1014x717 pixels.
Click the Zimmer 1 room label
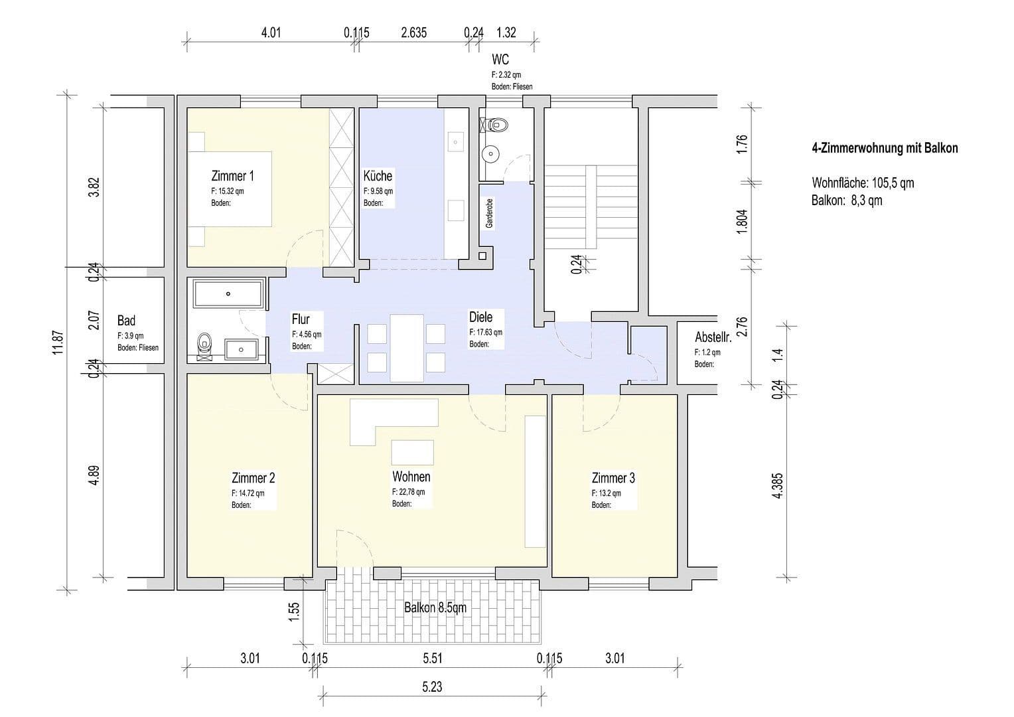pyautogui.click(x=232, y=176)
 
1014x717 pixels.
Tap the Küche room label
pyautogui.click(x=378, y=176)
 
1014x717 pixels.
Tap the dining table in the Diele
pyautogui.click(x=407, y=348)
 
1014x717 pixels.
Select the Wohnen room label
pyautogui.click(x=411, y=477)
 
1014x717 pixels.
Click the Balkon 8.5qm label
pyautogui.click(x=435, y=607)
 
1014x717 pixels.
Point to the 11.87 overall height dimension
pyautogui.click(x=58, y=343)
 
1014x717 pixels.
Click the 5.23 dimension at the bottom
pyautogui.click(x=432, y=687)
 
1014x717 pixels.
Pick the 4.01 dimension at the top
pyautogui.click(x=271, y=33)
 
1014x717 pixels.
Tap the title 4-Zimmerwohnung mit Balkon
pyautogui.click(x=885, y=148)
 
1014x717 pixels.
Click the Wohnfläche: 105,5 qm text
pyautogui.click(x=862, y=183)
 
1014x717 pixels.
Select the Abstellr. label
pyautogui.click(x=713, y=337)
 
